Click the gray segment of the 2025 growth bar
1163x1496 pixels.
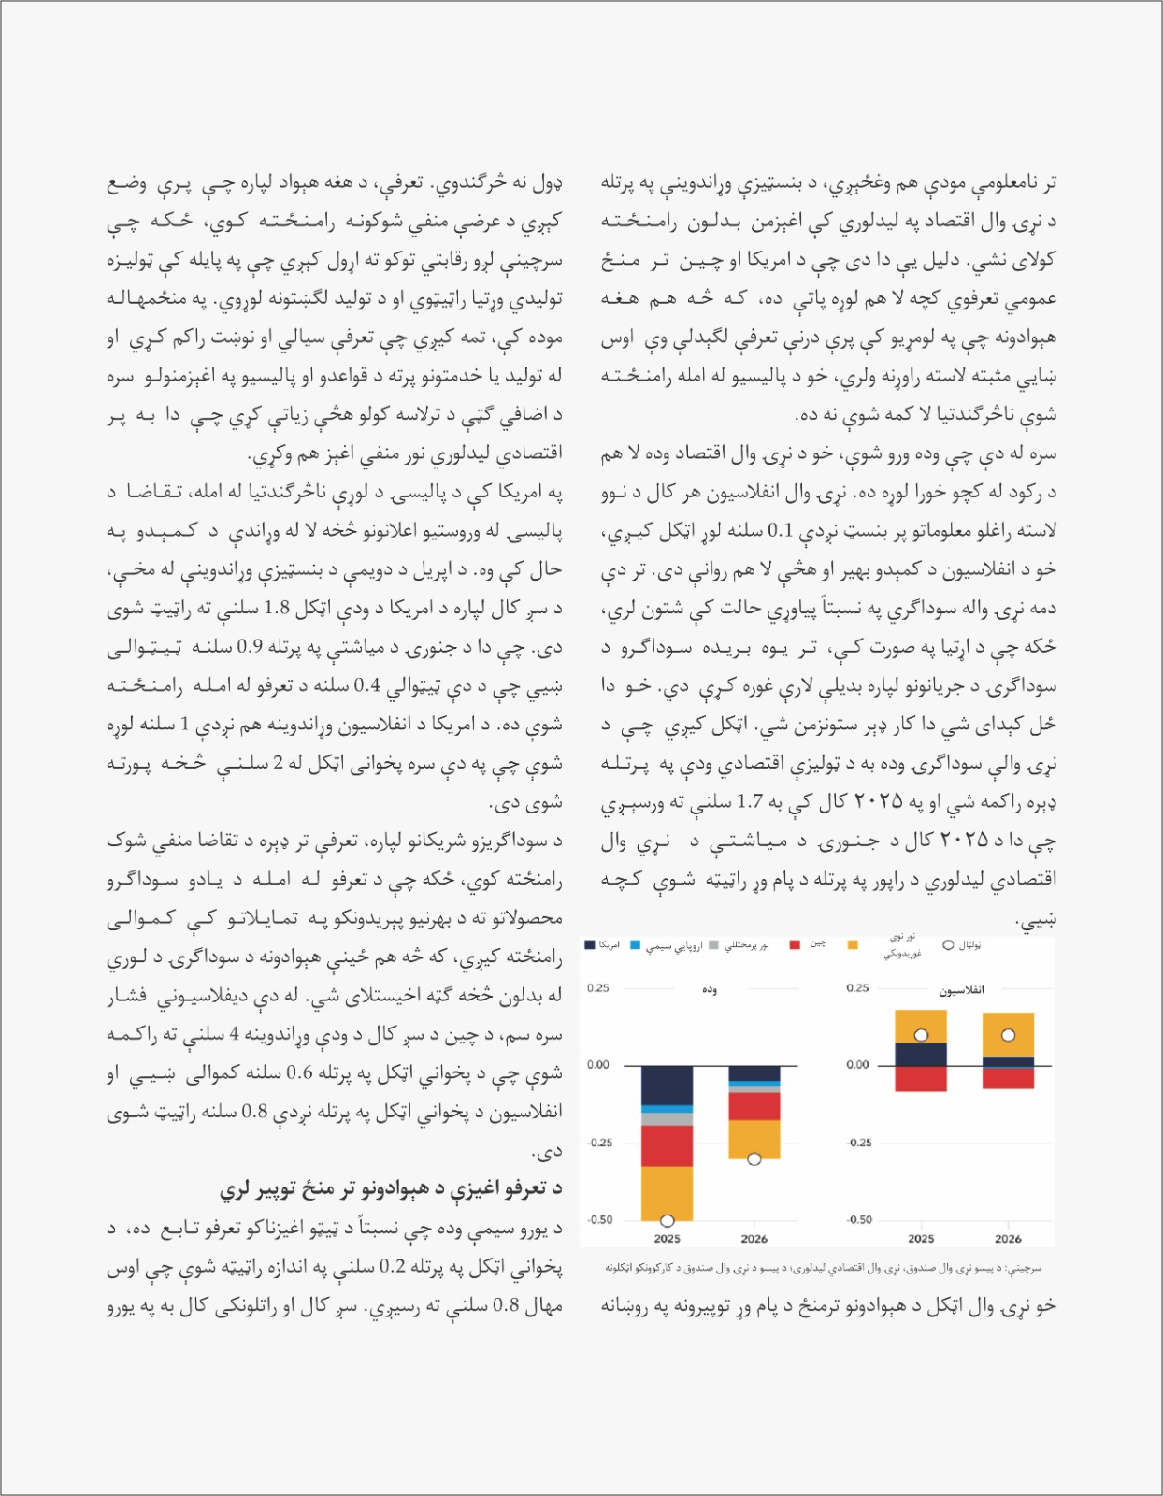667,1118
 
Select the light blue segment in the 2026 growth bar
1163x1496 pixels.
754,1084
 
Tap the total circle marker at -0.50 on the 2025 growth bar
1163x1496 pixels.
667,1220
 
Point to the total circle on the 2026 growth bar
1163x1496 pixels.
754,1159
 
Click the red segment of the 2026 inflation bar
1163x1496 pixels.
1008,1078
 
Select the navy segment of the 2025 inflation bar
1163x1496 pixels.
920,1054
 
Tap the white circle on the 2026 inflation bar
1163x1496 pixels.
1008,1035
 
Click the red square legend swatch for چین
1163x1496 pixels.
795,945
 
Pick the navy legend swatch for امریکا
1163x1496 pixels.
589,945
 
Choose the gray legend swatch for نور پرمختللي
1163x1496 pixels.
716,945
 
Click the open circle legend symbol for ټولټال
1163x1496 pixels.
948,945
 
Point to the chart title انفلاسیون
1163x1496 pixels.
961,990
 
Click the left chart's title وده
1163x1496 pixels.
710,990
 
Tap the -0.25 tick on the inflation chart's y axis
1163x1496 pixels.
858,1143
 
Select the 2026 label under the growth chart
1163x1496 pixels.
754,1239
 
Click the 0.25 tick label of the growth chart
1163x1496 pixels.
597,988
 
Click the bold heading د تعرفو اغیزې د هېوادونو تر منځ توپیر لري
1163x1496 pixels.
391,1188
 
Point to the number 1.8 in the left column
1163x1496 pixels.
277,608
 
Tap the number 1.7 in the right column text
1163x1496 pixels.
750,801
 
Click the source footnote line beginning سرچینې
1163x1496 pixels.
823,1269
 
